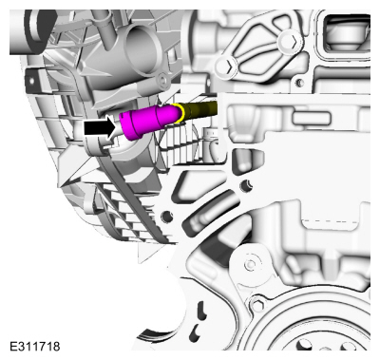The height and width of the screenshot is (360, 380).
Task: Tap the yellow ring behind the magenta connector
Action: coord(180,113)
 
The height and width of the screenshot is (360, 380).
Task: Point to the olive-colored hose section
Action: coord(200,109)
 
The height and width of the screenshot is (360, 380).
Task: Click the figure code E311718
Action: coord(35,347)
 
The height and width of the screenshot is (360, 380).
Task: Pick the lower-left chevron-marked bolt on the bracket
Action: coord(227,67)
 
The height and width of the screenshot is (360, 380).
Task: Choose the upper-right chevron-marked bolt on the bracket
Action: coord(290,41)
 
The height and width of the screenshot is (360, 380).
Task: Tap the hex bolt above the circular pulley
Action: coord(258,305)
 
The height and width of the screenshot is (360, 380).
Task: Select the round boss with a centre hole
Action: coord(251,263)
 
